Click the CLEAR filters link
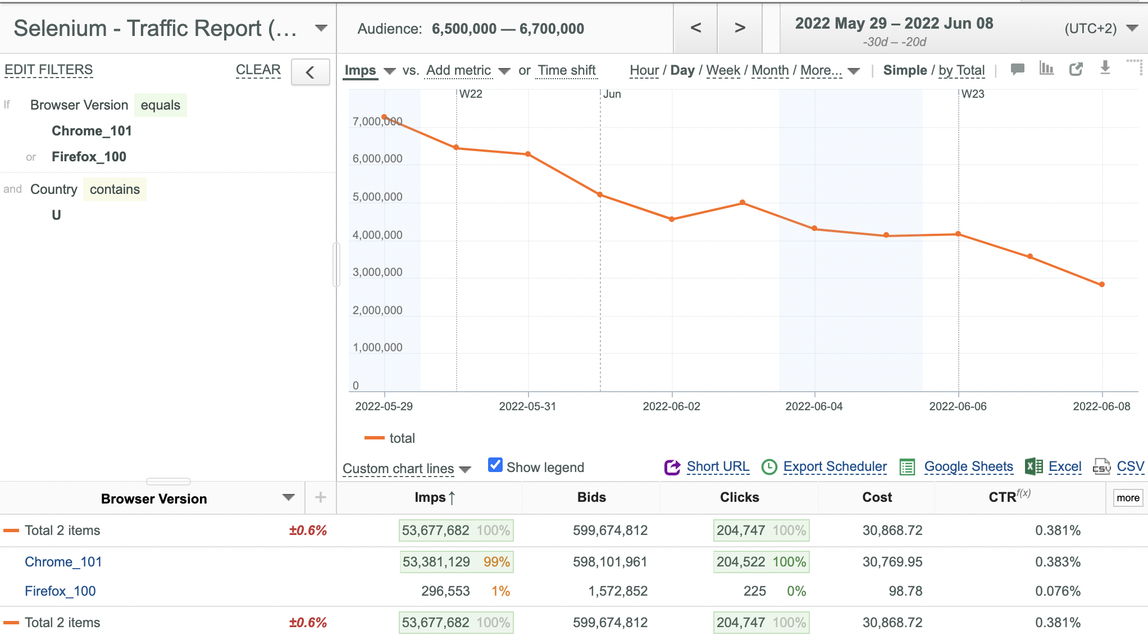point(258,70)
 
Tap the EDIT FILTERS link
point(49,70)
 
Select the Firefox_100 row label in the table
point(60,591)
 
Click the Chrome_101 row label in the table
point(63,562)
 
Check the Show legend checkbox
point(495,465)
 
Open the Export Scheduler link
point(835,466)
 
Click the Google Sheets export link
point(968,466)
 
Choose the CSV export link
point(1130,466)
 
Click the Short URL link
point(718,466)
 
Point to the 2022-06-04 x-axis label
point(814,406)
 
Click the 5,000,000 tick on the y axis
point(377,197)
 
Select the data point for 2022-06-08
point(1102,284)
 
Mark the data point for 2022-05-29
point(384,117)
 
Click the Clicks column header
point(739,497)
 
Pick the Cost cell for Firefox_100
point(905,591)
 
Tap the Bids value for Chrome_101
point(610,562)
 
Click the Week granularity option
point(723,70)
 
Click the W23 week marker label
point(973,94)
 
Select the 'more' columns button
point(1128,498)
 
